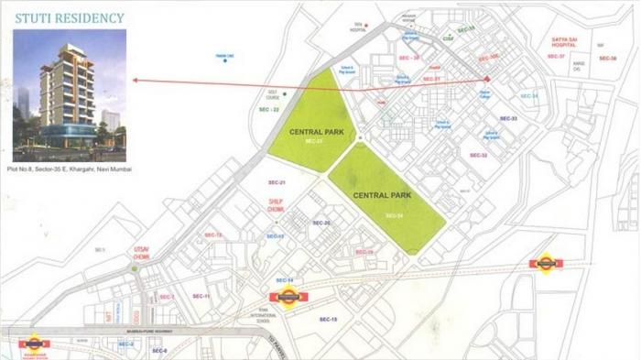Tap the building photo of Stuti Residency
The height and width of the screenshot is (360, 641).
70,94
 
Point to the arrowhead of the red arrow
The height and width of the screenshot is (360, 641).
136,81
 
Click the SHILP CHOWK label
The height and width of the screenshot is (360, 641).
277,206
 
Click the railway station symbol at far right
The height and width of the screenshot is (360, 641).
546,264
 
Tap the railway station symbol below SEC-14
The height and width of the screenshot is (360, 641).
285,298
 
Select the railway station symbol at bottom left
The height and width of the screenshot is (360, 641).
34,344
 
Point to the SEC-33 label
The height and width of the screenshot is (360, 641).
508,119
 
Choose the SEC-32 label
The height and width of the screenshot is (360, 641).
478,156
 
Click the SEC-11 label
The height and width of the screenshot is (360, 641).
201,297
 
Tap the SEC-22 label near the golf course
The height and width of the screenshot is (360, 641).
269,110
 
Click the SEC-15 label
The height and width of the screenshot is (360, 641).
328,319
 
